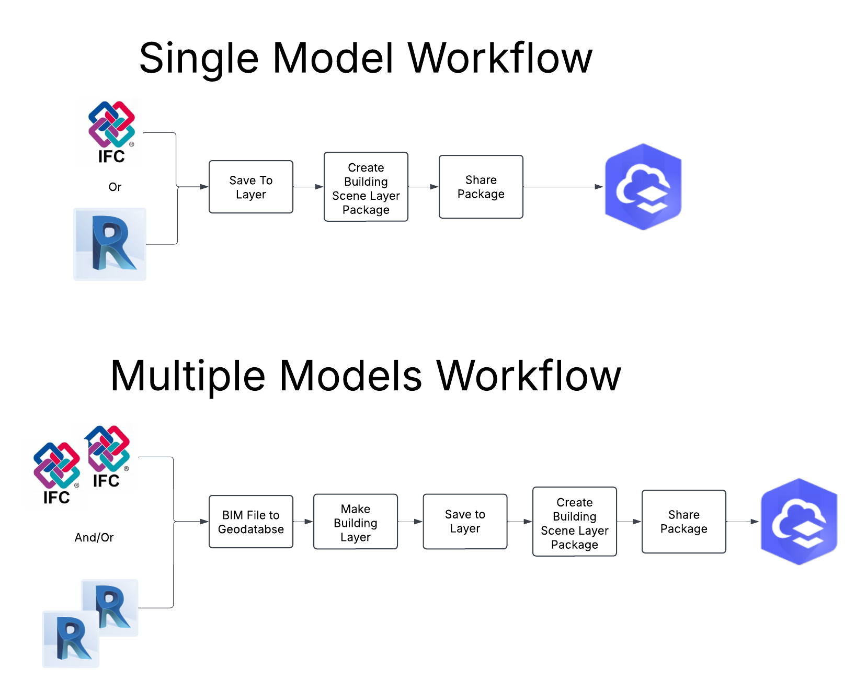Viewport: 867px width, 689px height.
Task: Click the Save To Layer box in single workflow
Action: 250,187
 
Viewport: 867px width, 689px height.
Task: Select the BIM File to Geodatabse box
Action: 250,522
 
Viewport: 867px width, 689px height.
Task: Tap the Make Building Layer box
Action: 355,522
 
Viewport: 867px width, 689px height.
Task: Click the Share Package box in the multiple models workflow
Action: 683,522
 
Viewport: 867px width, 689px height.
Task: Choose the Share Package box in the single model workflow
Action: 481,187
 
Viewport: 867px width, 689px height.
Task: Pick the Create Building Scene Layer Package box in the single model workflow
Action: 366,187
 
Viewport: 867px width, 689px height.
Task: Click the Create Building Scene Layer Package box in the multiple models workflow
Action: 574,522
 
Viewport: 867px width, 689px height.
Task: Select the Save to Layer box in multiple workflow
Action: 465,522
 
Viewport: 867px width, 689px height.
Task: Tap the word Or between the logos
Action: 115,187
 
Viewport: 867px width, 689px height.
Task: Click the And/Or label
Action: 94,537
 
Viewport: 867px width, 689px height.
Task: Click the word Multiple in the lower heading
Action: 188,376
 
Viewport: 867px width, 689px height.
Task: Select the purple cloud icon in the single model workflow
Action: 643,187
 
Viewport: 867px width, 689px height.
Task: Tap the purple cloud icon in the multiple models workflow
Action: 799,522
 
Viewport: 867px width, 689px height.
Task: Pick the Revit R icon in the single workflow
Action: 110,244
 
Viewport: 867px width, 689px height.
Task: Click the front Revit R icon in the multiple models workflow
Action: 71,639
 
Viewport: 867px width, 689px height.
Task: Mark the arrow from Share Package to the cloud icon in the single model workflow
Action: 563,187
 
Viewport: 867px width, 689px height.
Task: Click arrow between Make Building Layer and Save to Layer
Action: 410,522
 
